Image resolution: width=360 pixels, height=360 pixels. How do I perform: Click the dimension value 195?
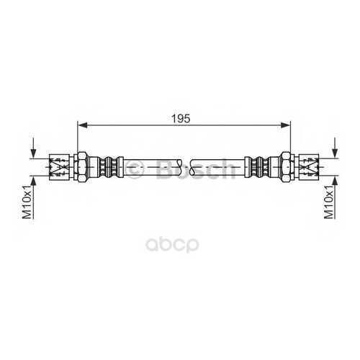[x=181, y=118]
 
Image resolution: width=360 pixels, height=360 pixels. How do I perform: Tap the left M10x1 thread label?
[x=27, y=202]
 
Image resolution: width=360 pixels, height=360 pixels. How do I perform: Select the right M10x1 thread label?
[x=329, y=202]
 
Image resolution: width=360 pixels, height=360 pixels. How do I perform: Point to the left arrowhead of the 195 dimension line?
[x=83, y=125]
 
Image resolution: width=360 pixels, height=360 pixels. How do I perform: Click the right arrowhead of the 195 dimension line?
[x=285, y=125]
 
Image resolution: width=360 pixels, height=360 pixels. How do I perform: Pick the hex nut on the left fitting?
[x=82, y=167]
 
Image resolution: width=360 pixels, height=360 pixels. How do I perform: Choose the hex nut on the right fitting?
[x=286, y=167]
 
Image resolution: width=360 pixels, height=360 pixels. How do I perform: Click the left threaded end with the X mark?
[x=59, y=167]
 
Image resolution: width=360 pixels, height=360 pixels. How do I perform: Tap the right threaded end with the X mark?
[x=309, y=167]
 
